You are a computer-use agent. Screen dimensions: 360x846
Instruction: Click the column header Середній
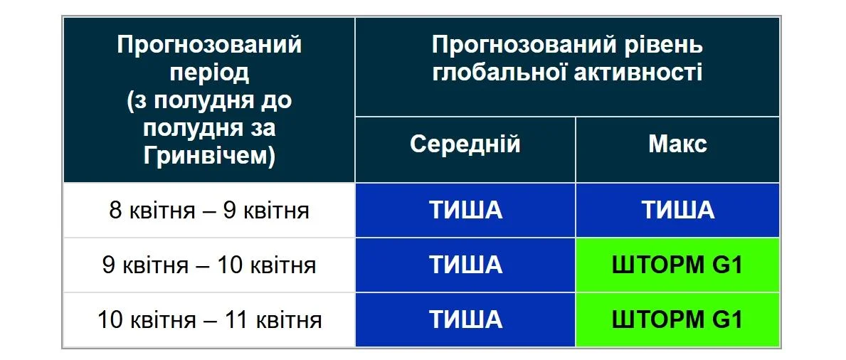pos(465,144)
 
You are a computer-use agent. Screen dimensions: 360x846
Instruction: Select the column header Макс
pos(677,144)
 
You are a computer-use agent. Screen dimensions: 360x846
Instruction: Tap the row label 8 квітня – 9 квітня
pos(209,211)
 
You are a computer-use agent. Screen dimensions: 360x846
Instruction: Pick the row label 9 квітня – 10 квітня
pos(209,265)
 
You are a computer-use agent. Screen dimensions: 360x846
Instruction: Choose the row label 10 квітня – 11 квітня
pos(209,319)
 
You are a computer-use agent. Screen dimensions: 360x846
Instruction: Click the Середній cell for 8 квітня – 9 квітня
pos(465,211)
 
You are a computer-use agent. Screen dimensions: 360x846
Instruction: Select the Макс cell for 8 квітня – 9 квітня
pos(677,211)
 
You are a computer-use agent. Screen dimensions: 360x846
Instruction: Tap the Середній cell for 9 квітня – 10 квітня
pos(465,265)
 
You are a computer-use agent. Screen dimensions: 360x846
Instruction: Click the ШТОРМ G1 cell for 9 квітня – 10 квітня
pos(677,265)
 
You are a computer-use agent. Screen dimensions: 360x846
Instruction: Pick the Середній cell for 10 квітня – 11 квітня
pos(465,319)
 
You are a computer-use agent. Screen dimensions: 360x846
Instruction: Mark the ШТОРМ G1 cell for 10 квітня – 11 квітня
pos(677,319)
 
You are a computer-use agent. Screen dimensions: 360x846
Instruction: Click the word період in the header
pos(209,73)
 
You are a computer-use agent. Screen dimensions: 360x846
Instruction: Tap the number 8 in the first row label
pos(115,211)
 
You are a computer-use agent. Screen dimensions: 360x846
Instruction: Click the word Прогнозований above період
pos(209,46)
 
